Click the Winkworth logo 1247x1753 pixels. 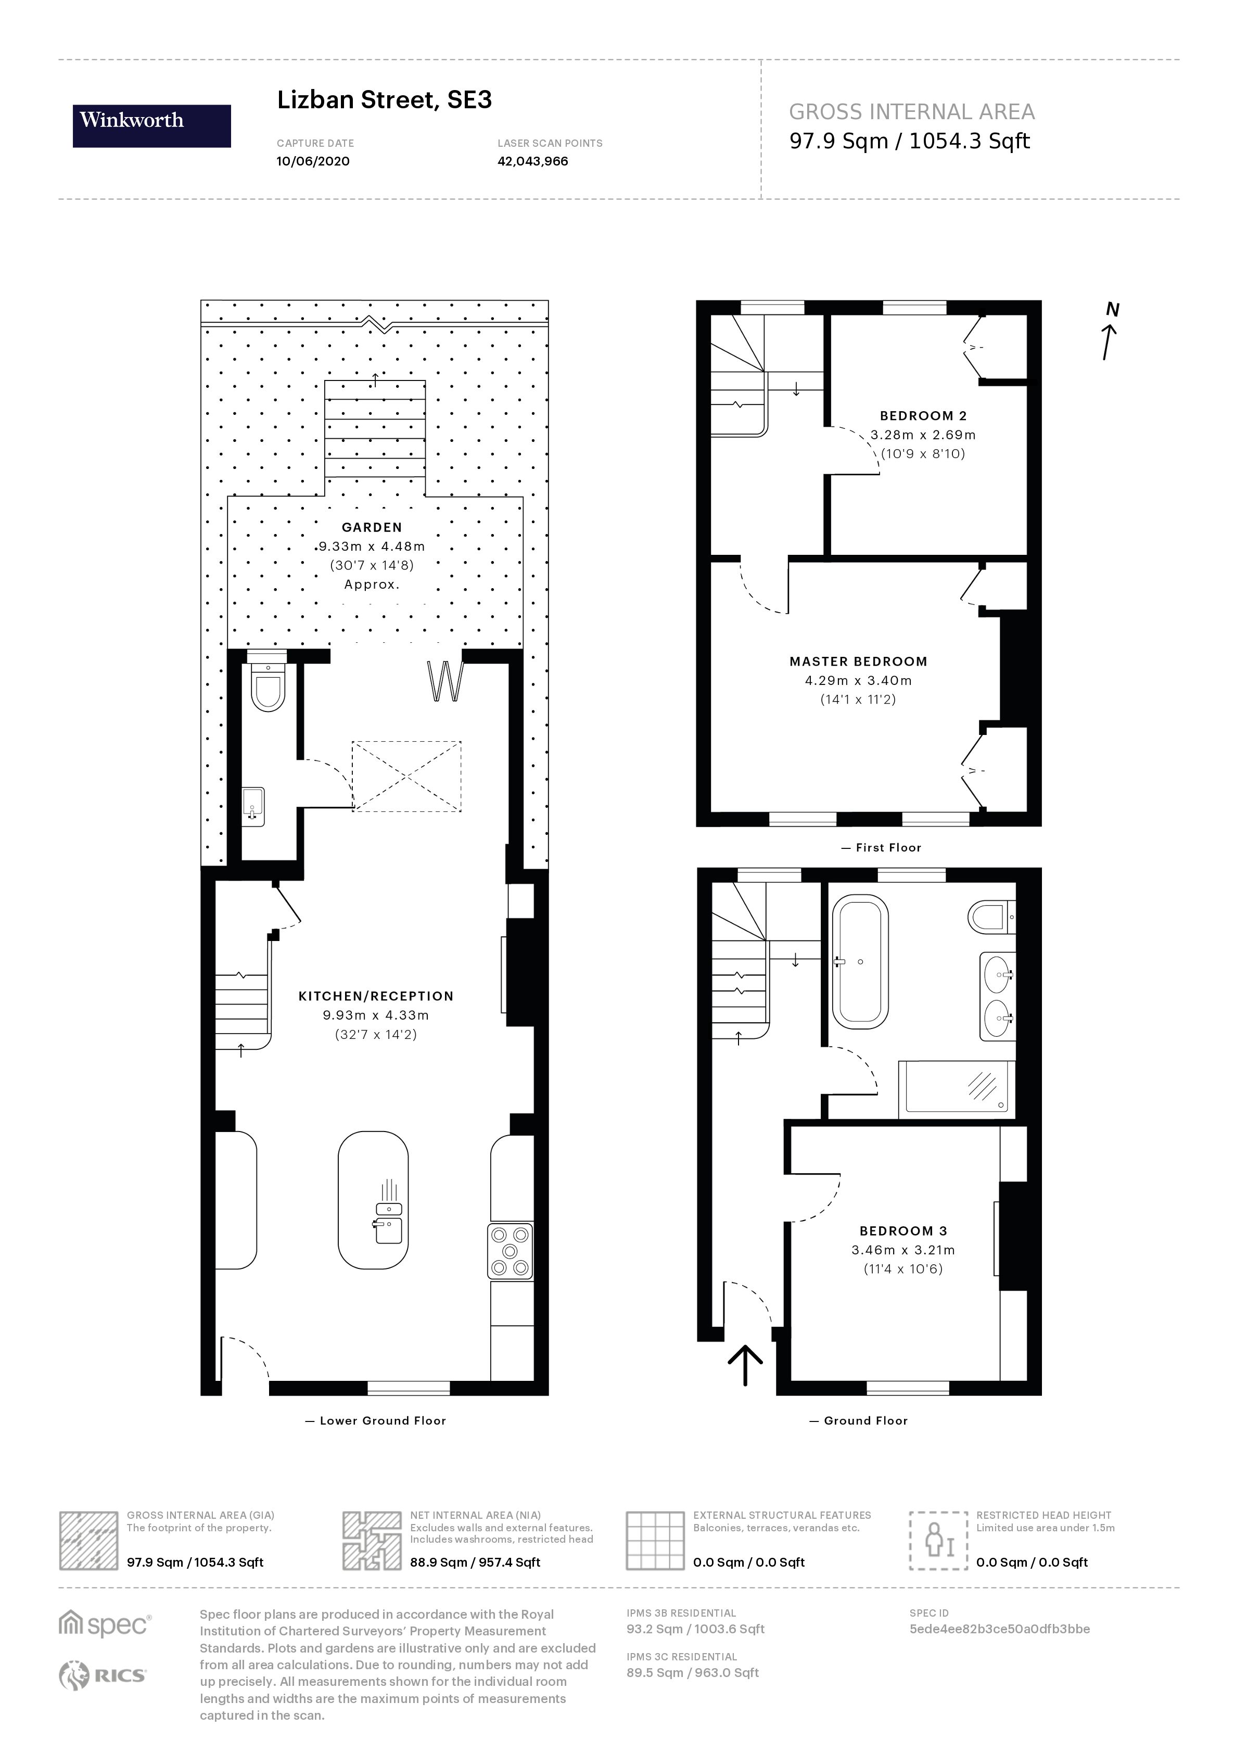click(151, 126)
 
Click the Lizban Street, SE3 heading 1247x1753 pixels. click(384, 100)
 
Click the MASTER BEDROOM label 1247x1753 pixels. click(858, 661)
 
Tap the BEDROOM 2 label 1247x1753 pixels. click(923, 415)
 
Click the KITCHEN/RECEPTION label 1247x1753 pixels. click(375, 996)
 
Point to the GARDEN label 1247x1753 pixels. click(372, 527)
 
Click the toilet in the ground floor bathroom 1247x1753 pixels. click(989, 916)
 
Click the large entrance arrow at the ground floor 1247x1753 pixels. click(745, 1365)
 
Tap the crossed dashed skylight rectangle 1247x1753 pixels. click(406, 776)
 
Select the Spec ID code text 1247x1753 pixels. click(999, 1629)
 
